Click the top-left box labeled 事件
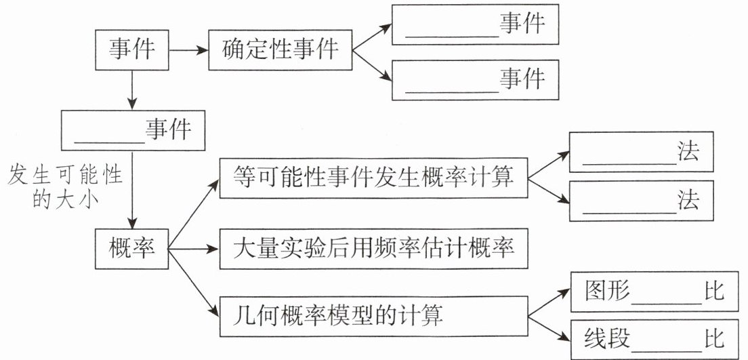point(131,49)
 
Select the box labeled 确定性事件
point(280,49)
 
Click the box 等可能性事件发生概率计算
point(373,179)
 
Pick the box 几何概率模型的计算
point(373,315)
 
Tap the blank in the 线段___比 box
point(667,337)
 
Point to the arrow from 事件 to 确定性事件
point(188,49)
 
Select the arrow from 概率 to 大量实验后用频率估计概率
point(194,249)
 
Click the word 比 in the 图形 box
point(714,292)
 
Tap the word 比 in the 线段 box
point(714,336)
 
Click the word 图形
point(607,292)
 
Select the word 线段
point(607,336)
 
